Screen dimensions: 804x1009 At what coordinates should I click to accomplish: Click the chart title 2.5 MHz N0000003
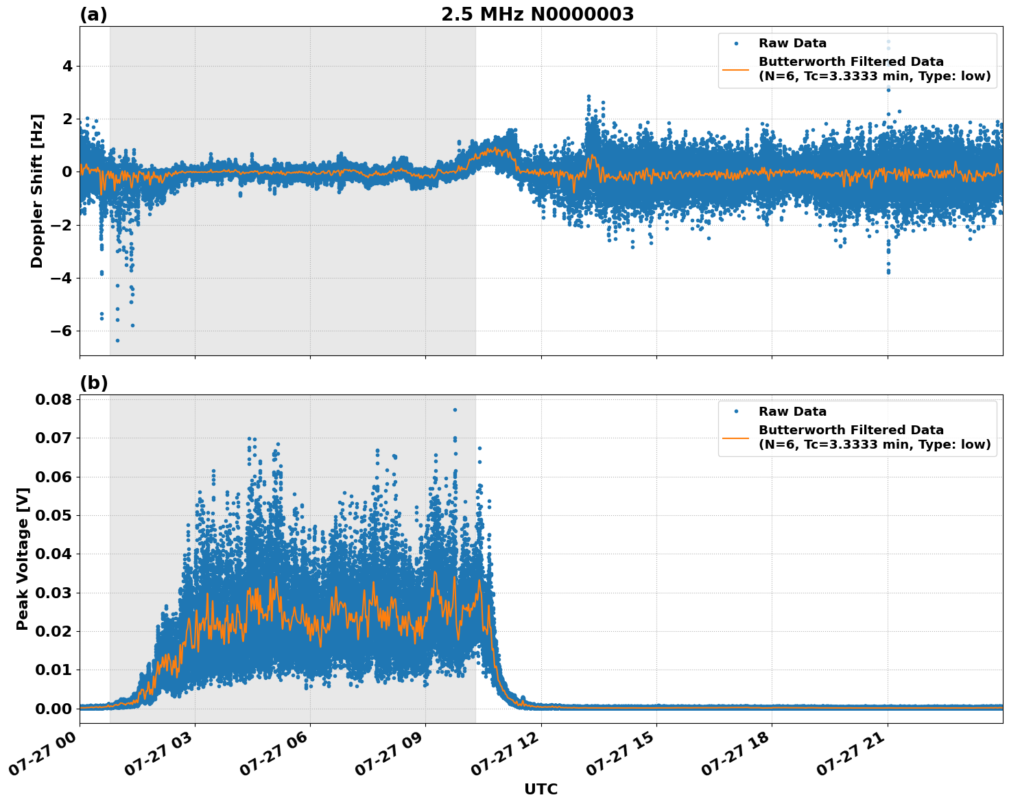click(x=537, y=14)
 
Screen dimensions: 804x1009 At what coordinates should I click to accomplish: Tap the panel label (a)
click(x=93, y=14)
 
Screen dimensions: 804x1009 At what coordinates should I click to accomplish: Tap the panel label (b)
click(x=93, y=383)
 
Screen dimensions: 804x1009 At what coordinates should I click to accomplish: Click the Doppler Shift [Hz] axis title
click(x=37, y=191)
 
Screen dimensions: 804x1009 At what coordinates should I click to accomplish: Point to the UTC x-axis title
click(x=541, y=789)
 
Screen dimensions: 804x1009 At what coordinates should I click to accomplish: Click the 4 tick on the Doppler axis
click(x=68, y=66)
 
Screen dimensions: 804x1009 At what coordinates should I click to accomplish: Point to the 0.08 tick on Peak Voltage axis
click(x=53, y=399)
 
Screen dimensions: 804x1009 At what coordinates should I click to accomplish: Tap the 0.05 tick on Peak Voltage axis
click(x=53, y=515)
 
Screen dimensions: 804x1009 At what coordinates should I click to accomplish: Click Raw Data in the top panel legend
click(x=792, y=43)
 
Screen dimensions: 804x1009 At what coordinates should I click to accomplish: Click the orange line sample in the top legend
click(x=735, y=69)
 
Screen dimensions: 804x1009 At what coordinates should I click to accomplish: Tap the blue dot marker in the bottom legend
click(x=735, y=412)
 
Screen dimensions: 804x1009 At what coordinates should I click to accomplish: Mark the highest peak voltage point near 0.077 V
click(x=454, y=410)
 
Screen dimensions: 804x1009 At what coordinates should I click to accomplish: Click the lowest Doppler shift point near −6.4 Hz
click(x=117, y=340)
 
